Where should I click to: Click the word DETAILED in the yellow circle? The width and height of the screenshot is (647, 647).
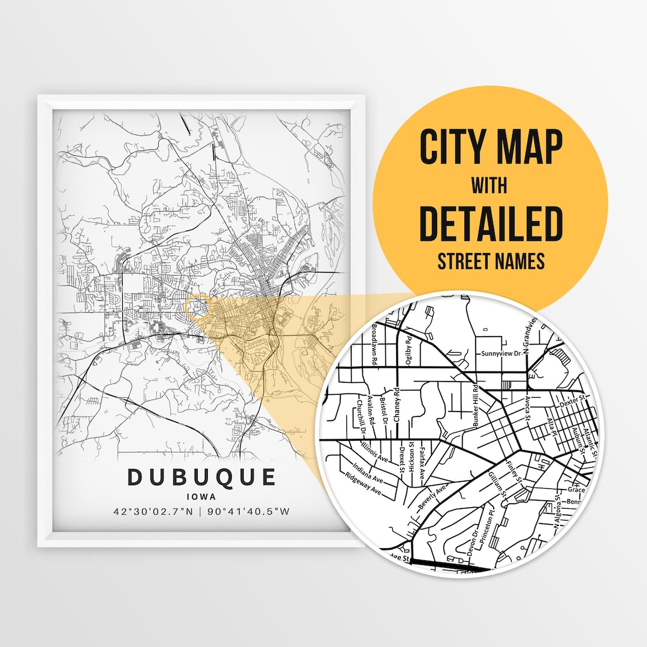point(491,222)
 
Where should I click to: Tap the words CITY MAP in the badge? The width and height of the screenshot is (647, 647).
point(491,146)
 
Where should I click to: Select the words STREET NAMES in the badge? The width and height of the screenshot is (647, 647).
point(491,261)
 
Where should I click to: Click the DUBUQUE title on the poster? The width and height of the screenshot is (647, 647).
point(202,477)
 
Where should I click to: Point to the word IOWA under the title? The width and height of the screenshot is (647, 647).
point(201,496)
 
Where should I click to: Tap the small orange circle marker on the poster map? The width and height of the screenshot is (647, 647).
point(198,306)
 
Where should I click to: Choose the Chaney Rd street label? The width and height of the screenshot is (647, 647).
point(397,406)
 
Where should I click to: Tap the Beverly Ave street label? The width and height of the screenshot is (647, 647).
point(433,497)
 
